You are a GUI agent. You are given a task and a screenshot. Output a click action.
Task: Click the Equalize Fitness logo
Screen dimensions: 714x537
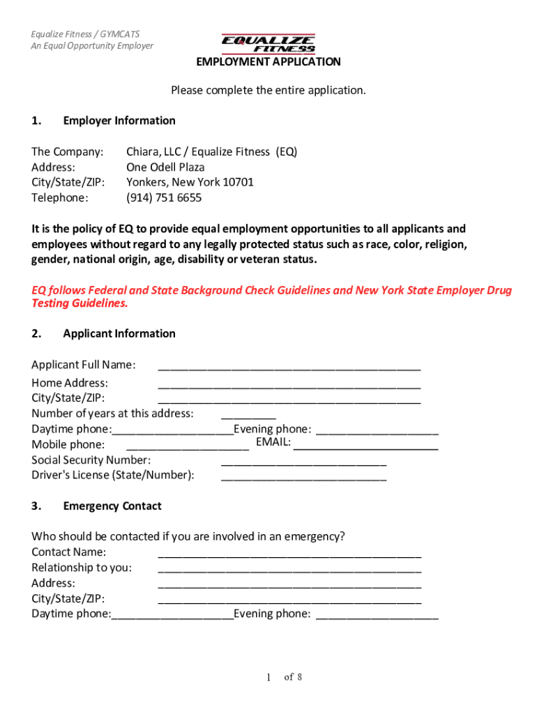[268, 43]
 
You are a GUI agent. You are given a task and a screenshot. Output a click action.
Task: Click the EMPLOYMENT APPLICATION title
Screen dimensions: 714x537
[268, 62]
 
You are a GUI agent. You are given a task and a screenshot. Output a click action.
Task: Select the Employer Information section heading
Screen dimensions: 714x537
[119, 121]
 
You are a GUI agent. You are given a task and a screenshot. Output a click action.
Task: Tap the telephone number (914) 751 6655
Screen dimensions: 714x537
[164, 198]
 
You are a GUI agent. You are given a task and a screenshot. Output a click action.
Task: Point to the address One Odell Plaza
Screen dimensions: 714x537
[165, 167]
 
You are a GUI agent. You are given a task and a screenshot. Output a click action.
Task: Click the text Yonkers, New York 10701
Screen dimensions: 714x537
[190, 183]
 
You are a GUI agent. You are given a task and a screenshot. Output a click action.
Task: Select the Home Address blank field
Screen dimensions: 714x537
[289, 384]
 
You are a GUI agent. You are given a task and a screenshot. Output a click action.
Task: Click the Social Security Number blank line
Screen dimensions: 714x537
[303, 462]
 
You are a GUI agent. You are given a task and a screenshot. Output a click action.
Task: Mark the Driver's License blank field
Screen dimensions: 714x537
[303, 477]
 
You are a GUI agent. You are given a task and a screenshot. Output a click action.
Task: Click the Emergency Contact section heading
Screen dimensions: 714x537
[112, 506]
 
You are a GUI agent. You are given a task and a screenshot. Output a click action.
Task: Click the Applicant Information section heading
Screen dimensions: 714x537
[119, 334]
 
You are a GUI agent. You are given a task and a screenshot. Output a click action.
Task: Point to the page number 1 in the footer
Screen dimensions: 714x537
[268, 678]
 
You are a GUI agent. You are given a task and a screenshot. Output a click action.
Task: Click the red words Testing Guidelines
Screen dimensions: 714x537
[80, 304]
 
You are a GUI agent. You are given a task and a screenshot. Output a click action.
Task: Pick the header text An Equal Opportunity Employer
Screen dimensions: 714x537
[92, 46]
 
